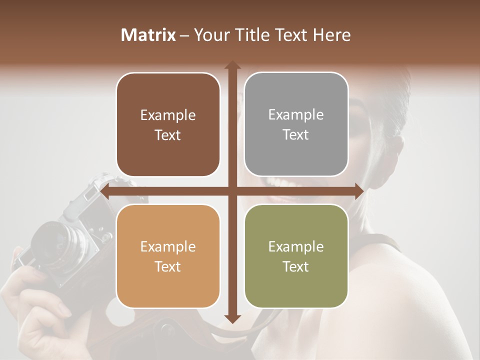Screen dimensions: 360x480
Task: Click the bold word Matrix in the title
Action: (x=148, y=35)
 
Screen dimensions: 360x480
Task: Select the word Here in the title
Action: (x=332, y=35)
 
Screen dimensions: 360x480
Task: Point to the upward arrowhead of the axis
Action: (x=232, y=65)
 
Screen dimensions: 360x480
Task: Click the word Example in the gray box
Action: (x=296, y=115)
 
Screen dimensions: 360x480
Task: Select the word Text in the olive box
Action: (x=296, y=267)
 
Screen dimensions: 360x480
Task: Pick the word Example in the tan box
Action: (x=168, y=247)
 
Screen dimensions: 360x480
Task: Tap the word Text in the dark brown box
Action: (x=168, y=135)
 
